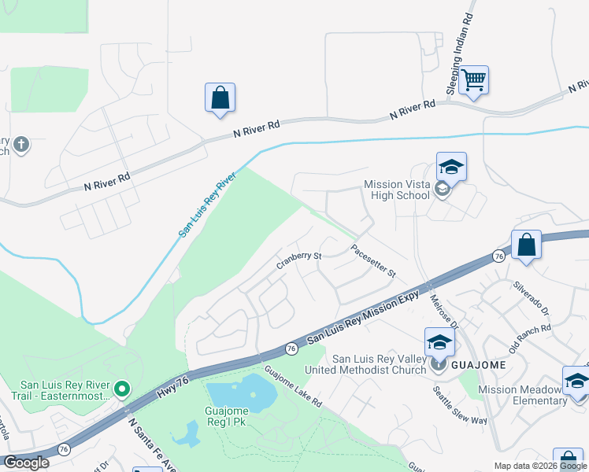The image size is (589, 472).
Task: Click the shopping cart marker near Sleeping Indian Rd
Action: (473, 79)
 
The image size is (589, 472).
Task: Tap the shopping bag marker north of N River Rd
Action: (220, 98)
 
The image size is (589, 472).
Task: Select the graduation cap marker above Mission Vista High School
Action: (451, 168)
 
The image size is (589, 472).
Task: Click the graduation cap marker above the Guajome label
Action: (439, 342)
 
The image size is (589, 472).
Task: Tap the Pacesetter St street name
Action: (372, 260)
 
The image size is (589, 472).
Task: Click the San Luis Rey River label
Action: (206, 207)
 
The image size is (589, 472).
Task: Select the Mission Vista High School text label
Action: (398, 191)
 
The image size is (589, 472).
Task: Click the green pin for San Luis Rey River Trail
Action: (121, 389)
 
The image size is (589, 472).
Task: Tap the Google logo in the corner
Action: (26, 463)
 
